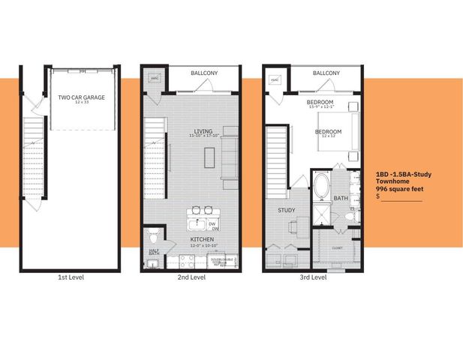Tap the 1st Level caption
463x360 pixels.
[x=71, y=277]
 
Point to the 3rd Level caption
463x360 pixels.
[x=313, y=277]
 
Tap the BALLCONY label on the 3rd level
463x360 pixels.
[x=326, y=73]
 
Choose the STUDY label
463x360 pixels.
[x=286, y=211]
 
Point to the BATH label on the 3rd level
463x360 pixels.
[x=341, y=199]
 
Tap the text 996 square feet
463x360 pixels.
[x=399, y=189]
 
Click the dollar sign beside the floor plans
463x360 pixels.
[x=378, y=197]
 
